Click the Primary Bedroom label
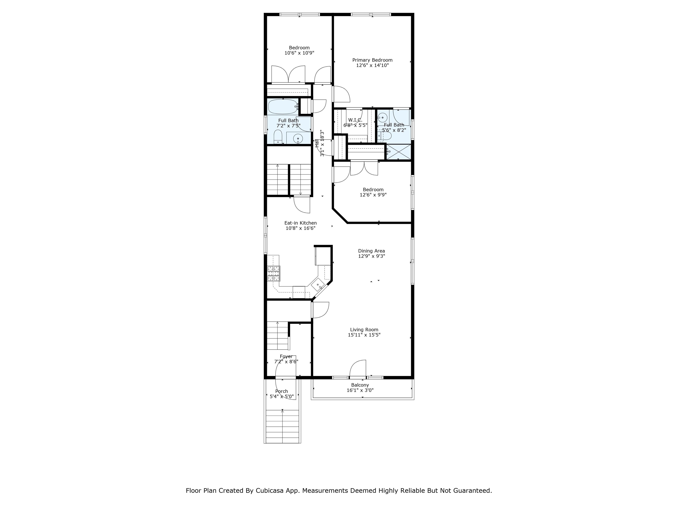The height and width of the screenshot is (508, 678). coord(372,60)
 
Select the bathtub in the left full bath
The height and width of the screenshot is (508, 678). coord(283,106)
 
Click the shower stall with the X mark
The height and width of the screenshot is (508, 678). coord(398,152)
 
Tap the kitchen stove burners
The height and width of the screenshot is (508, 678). coord(274,273)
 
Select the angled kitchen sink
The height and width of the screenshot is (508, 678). coord(318,285)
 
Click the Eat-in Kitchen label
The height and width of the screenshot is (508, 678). coord(300,223)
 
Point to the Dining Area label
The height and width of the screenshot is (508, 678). coord(371,251)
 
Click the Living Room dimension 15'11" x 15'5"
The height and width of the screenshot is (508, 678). coord(364,335)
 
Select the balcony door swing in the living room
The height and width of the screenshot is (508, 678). coord(358,368)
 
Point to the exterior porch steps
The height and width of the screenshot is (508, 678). coord(282,426)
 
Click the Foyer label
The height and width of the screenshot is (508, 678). coord(286,357)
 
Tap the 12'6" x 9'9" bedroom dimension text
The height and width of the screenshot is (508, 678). coord(373,195)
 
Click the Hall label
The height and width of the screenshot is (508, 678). coord(317,143)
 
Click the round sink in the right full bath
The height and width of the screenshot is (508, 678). coord(382,117)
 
